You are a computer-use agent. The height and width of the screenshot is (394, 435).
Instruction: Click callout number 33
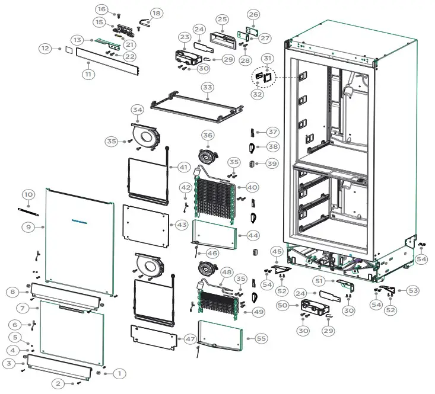[207, 88]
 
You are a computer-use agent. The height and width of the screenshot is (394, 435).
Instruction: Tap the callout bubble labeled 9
[28, 226]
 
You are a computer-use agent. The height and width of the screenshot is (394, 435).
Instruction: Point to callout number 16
[101, 9]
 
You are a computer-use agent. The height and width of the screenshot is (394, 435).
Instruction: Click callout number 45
[277, 251]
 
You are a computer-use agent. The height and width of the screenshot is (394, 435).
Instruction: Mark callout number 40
[252, 187]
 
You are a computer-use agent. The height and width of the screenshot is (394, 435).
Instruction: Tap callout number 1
[119, 373]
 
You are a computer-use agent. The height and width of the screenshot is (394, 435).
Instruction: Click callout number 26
[253, 14]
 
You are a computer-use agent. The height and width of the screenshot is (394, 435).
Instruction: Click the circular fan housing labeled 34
[146, 136]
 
